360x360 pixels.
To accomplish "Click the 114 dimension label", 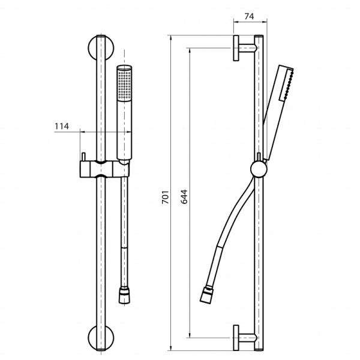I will click(x=61, y=126).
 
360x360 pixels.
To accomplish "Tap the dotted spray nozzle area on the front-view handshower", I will click(x=125, y=84).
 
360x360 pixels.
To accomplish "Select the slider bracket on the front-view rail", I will click(x=100, y=169).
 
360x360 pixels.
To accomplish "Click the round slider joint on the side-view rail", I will click(x=259, y=169).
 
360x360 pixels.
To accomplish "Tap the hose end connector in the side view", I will click(x=206, y=296).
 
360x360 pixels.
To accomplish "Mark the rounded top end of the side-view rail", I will click(x=259, y=37).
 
